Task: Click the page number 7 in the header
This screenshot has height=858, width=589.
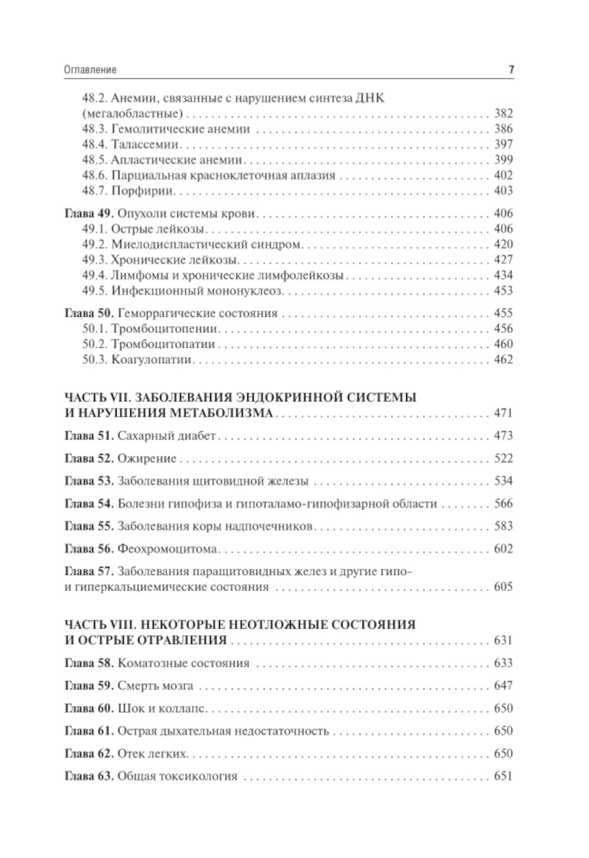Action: point(511,70)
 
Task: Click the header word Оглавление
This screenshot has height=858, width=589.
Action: point(90,70)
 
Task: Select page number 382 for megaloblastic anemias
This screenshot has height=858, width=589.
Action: point(504,114)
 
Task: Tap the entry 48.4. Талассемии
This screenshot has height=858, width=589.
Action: point(131,144)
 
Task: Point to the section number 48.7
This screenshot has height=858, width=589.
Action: point(95,190)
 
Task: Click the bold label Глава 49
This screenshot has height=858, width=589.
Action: point(88,213)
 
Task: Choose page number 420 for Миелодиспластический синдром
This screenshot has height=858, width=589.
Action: point(504,244)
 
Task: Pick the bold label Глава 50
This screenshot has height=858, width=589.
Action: point(88,313)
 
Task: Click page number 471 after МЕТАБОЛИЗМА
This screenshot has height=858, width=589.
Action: point(504,413)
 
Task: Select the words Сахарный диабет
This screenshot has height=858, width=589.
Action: point(167,436)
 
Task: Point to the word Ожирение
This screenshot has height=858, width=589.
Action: point(147,459)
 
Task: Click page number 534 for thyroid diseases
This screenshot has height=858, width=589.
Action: point(504,481)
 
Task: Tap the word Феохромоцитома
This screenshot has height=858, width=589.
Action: point(168,549)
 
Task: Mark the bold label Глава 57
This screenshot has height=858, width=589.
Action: point(88,571)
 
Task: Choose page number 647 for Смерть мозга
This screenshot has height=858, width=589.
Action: point(504,686)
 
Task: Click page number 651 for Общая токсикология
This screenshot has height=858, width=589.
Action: point(504,776)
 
